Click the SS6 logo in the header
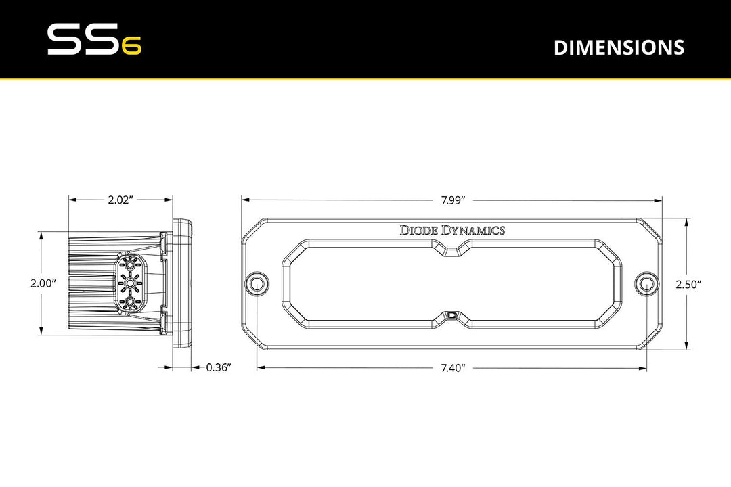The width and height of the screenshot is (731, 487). (x=93, y=41)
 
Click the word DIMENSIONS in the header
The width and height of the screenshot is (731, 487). (x=619, y=47)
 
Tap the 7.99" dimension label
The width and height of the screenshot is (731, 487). (x=452, y=200)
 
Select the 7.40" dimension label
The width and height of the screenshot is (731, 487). (x=452, y=368)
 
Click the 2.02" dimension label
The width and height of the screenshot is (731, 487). (x=120, y=200)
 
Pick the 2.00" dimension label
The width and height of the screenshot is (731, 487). (x=43, y=284)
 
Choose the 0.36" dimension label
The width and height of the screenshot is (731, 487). (x=219, y=368)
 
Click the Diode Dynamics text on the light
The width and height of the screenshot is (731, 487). (x=452, y=230)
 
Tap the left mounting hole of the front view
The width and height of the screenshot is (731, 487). (x=257, y=283)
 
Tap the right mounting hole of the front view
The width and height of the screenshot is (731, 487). (x=647, y=283)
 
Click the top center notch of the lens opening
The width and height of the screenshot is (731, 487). (x=452, y=251)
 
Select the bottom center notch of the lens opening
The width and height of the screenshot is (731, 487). (x=452, y=315)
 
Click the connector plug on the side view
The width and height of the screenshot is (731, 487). (x=130, y=283)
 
